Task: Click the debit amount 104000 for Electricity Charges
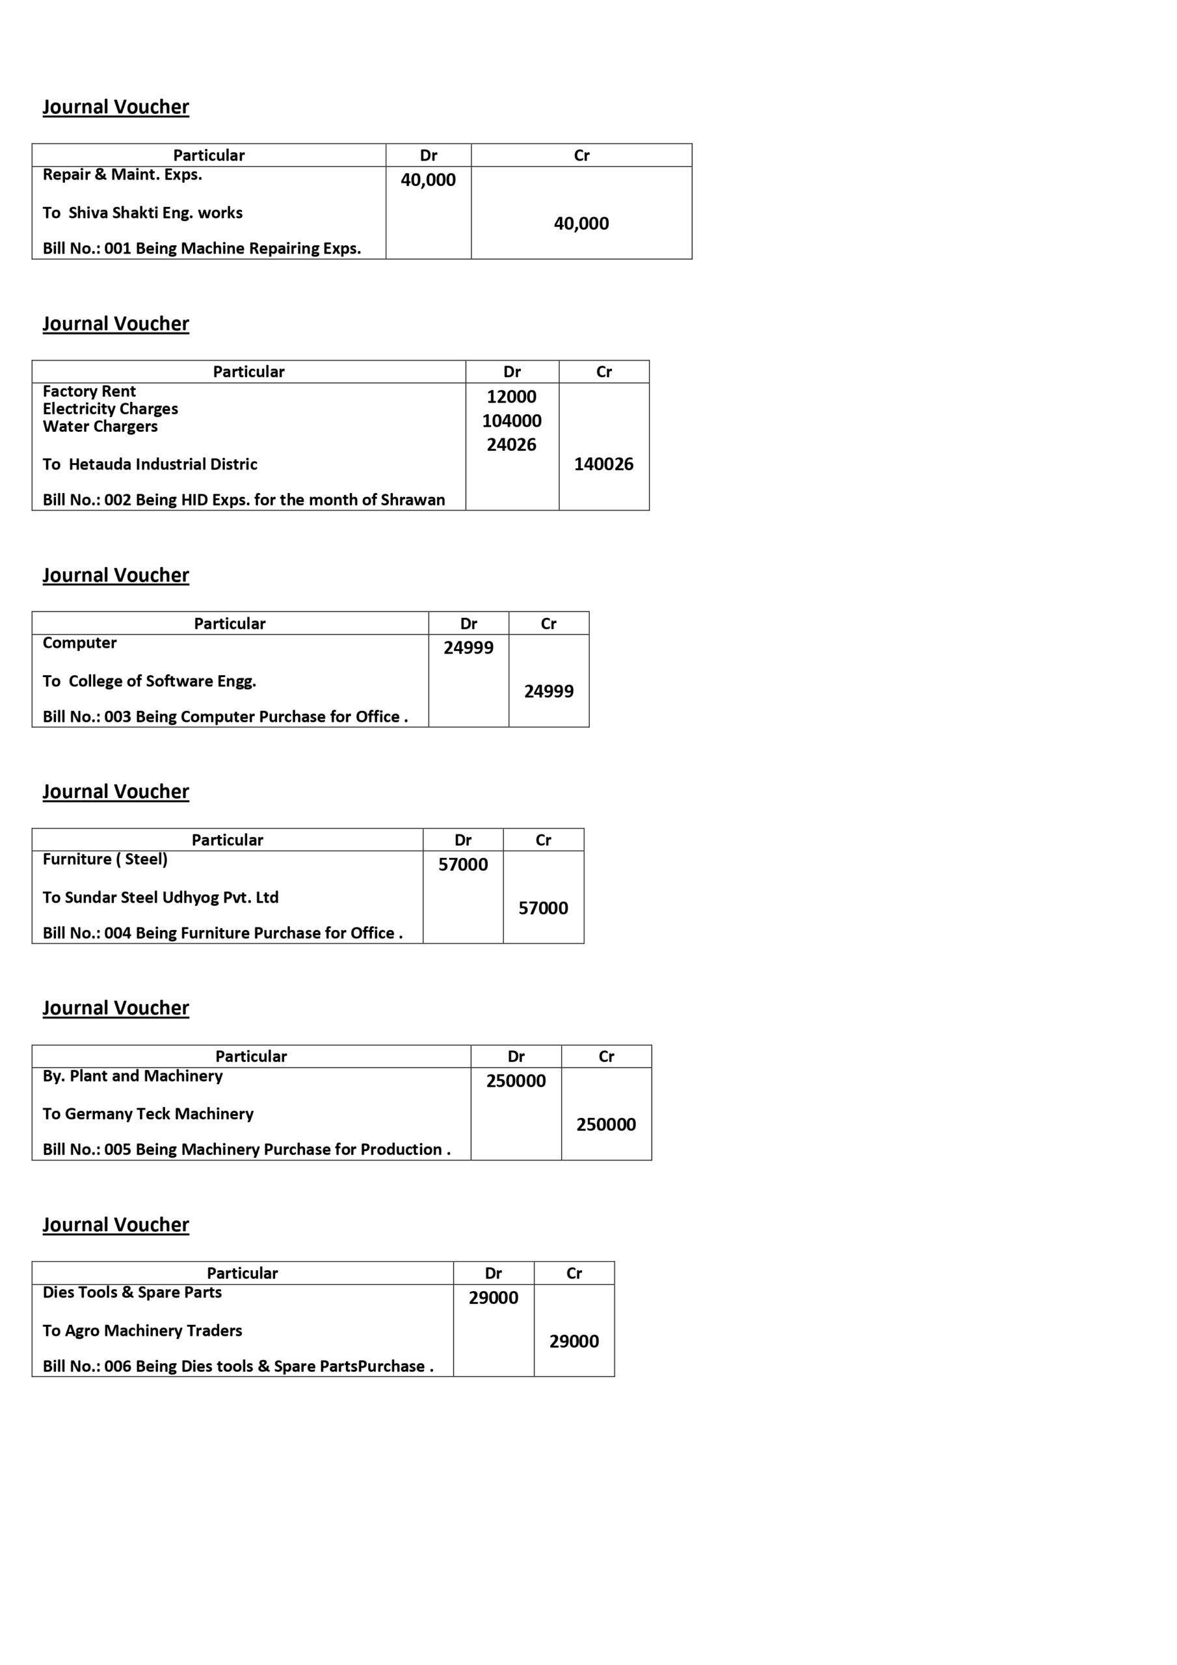click(511, 421)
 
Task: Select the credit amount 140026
click(603, 464)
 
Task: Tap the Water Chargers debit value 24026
click(511, 444)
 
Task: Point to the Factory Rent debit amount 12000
click(511, 397)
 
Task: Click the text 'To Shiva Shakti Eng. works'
click(142, 213)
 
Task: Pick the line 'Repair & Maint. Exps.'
click(122, 174)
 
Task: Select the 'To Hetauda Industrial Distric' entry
click(150, 464)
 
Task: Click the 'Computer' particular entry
click(79, 643)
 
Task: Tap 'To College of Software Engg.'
click(149, 681)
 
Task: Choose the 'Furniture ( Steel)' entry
click(105, 859)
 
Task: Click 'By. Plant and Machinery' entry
click(132, 1076)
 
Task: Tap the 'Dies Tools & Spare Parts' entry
click(132, 1292)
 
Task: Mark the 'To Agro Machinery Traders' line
click(142, 1330)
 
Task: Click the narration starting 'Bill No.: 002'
click(244, 499)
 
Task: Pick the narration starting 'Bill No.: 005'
click(246, 1149)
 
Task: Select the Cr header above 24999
click(548, 623)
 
